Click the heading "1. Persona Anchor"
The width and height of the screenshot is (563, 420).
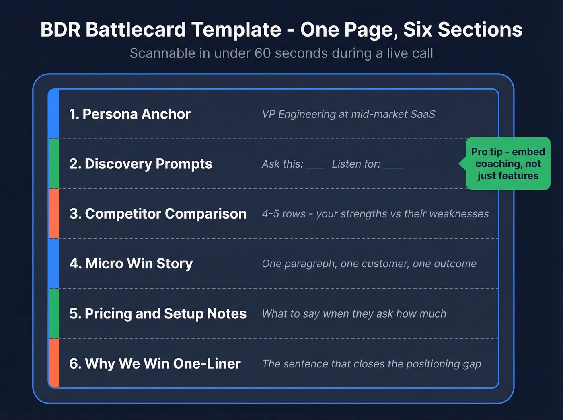[129, 114]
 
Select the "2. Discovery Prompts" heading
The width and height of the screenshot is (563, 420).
[141, 164]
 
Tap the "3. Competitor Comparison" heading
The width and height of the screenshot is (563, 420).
[158, 214]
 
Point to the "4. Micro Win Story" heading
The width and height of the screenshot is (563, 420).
[131, 264]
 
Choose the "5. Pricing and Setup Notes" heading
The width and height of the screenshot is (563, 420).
[158, 313]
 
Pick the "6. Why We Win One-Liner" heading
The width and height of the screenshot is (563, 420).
[155, 364]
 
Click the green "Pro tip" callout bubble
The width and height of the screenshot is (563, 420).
[508, 164]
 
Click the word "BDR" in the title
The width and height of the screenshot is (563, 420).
[60, 30]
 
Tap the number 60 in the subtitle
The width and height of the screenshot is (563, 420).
[263, 53]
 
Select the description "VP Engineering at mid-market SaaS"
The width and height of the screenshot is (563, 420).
[349, 114]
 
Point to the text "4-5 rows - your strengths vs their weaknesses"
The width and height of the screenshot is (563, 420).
[375, 214]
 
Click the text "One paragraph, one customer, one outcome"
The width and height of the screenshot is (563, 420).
[369, 264]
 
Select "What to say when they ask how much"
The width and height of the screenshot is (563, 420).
[354, 313]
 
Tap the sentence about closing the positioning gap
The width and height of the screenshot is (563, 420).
[372, 364]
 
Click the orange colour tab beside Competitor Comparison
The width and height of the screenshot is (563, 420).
[54, 214]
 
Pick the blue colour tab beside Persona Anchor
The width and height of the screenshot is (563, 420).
[54, 114]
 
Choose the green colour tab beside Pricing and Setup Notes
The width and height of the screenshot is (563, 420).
[54, 313]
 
